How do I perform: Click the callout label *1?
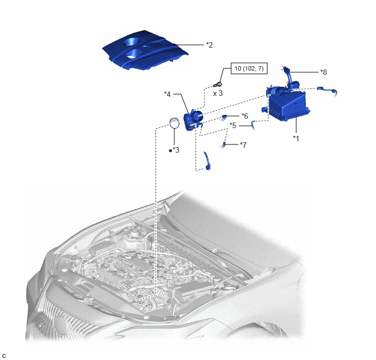(x=296, y=138)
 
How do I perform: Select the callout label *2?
(x=209, y=45)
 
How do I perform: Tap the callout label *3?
(x=176, y=150)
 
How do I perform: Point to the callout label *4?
(x=167, y=94)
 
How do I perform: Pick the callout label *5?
(x=233, y=125)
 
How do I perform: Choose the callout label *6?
(x=245, y=116)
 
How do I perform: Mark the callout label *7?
(x=243, y=145)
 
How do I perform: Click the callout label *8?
(x=324, y=72)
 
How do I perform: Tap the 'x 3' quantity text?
(x=218, y=93)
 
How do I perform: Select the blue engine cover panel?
(x=145, y=50)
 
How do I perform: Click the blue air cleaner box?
(x=285, y=103)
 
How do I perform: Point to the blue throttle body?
(x=193, y=119)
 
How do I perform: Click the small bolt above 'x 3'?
(x=218, y=84)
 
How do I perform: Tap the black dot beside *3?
(x=171, y=150)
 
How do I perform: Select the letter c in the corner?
(x=4, y=356)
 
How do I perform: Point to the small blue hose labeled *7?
(x=224, y=144)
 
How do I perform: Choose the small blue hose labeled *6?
(x=224, y=117)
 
